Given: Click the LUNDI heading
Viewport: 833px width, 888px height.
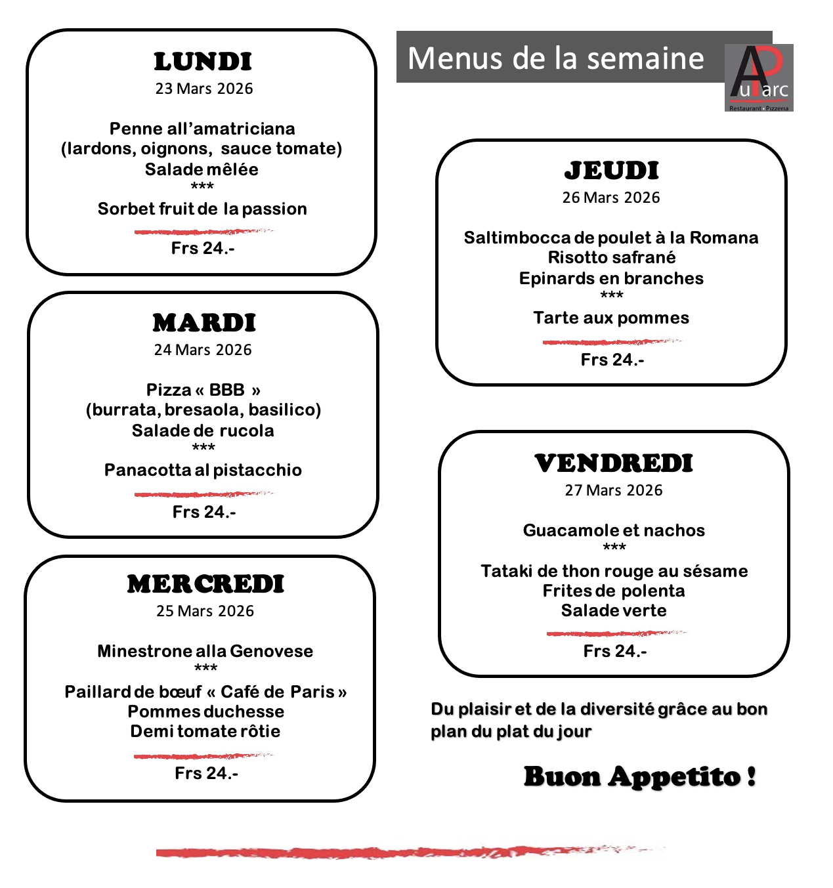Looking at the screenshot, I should (x=203, y=62).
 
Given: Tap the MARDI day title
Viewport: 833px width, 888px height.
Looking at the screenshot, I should (x=204, y=323).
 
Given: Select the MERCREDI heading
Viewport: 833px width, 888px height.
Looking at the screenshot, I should (x=205, y=584).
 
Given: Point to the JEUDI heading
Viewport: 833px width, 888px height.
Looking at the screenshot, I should (x=611, y=171).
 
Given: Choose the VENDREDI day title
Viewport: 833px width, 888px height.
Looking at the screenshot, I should (x=614, y=463).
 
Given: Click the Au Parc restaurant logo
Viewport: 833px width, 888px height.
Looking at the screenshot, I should (x=759, y=77).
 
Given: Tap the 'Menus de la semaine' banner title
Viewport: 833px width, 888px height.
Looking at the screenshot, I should (x=556, y=58).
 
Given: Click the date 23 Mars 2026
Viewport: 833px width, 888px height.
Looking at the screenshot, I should (x=203, y=89).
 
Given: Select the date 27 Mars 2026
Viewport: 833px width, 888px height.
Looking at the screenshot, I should (x=614, y=490).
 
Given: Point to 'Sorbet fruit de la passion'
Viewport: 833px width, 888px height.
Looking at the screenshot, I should (x=202, y=209).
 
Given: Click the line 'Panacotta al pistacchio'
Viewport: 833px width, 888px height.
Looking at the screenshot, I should (x=203, y=470).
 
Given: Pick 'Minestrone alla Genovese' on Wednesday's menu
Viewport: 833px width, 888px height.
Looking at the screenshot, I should (x=205, y=651).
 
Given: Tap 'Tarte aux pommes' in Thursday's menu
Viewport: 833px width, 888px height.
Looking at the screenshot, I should (x=611, y=318).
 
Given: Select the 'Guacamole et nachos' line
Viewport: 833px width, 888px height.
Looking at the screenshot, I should (x=614, y=530).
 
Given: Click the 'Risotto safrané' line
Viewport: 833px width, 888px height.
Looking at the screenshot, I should (x=612, y=257).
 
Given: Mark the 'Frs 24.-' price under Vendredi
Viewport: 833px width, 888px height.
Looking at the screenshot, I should (x=615, y=651).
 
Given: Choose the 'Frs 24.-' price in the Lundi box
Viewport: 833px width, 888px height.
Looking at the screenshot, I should (x=203, y=248).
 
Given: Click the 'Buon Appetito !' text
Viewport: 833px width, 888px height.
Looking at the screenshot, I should (x=640, y=776).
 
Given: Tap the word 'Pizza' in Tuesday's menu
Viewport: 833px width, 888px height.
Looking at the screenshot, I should (x=168, y=390).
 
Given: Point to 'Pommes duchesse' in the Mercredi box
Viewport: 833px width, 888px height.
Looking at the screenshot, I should (x=205, y=711).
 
